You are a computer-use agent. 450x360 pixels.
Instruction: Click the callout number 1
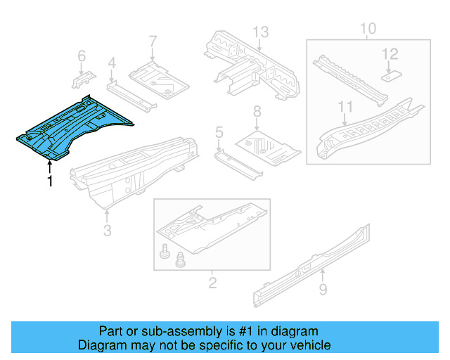[x=49, y=181]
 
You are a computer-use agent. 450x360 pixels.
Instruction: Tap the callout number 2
[x=212, y=283]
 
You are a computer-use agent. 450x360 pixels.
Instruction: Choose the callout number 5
[x=219, y=131]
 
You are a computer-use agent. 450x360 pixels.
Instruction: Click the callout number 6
[x=81, y=55]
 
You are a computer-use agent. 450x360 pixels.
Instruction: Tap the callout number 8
[x=257, y=110]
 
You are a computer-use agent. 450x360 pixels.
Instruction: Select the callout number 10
[x=368, y=29]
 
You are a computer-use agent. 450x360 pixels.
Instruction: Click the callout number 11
[x=345, y=106]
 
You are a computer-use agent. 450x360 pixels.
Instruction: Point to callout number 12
[x=390, y=53]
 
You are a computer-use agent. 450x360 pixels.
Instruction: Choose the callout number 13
[x=261, y=31]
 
